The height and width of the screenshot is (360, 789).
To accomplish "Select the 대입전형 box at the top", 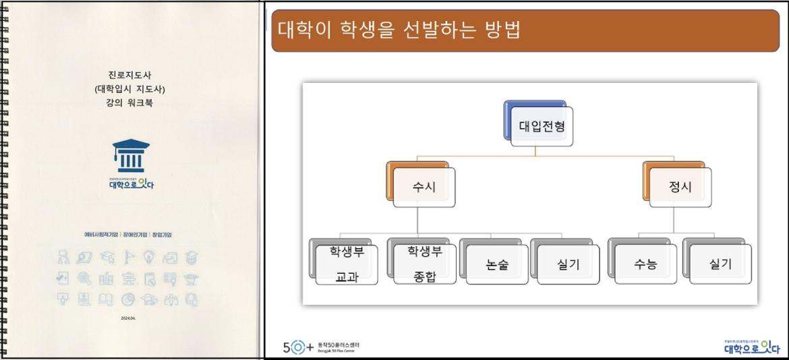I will coord(542,126).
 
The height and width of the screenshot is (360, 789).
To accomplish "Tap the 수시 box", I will coord(424,187).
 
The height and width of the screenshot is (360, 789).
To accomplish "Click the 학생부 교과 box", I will coord(347,264).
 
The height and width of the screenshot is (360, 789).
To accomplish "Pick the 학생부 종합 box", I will coord(425,264).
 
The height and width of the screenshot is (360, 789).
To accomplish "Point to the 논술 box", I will coord(497,264).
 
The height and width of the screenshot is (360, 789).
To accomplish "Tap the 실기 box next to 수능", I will coord(720,264).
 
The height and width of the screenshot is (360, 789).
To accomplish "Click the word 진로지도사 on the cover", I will coord(129,75).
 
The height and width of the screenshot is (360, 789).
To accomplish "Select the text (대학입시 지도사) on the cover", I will coord(129,89).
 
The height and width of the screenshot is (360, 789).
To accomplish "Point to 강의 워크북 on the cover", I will coord(129,103).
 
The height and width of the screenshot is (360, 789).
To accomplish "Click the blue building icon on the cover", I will coord(131,156).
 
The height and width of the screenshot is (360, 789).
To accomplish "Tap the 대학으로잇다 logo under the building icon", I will coord(131,184).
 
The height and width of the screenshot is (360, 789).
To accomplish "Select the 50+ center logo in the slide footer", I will coord(321,348).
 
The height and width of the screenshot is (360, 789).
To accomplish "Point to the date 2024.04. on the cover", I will coord(128,319).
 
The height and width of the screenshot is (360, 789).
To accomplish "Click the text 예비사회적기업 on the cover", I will coord(100,235).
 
